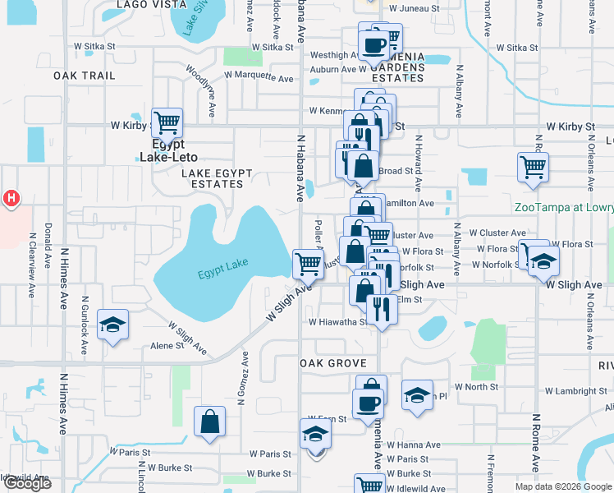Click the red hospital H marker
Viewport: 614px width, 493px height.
(11, 198)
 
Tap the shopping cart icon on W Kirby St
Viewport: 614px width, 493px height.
(167, 123)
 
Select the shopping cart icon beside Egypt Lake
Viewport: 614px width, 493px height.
(308, 264)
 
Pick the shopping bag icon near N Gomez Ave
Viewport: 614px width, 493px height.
(210, 422)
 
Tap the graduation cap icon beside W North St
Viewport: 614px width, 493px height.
(417, 395)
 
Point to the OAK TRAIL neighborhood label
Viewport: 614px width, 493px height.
(84, 76)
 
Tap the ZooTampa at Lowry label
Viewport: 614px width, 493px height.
(563, 208)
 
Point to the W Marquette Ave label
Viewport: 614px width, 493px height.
(259, 79)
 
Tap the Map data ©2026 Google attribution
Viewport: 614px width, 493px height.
(562, 486)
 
